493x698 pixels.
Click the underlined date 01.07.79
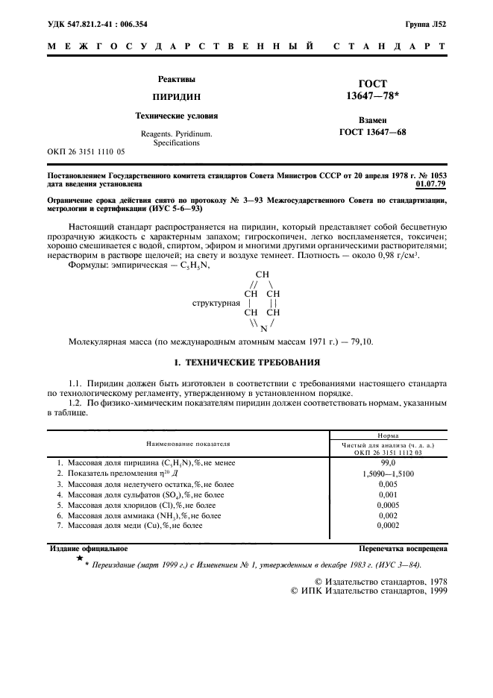coord(430,182)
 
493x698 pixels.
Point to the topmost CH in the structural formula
coord(262,274)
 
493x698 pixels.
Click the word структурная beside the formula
coord(216,304)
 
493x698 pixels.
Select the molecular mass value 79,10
coord(366,342)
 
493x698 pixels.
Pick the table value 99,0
coord(387,462)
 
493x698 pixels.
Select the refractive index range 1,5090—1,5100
coord(387,473)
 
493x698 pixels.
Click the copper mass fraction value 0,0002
coord(387,526)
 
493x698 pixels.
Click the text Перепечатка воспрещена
coord(403,548)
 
